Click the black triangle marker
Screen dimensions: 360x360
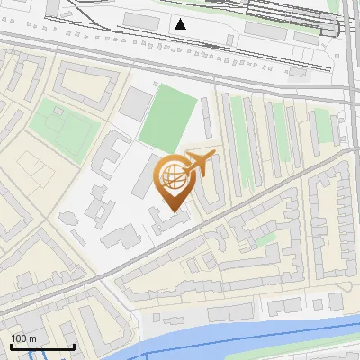coord(181,24)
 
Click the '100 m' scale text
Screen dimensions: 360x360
coord(24,338)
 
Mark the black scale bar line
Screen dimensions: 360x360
coord(42,346)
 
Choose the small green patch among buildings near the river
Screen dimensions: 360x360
coord(264,239)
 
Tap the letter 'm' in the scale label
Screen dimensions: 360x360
coord(32,338)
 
